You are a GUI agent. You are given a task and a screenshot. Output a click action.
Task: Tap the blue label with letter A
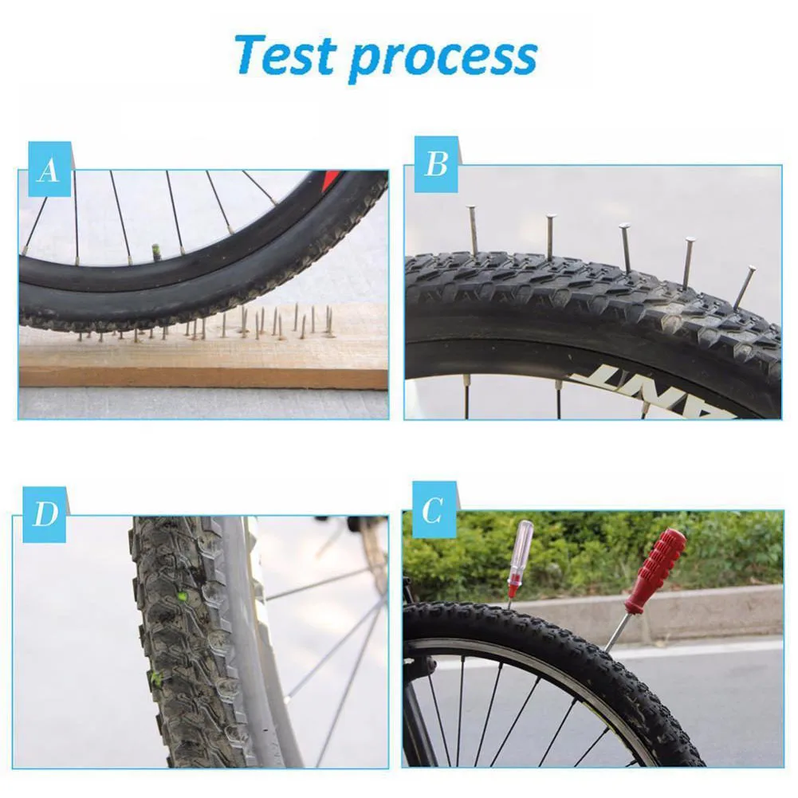click(x=49, y=169)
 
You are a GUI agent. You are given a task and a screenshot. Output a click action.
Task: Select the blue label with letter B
click(x=435, y=164)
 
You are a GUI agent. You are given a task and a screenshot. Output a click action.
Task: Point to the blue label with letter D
click(x=45, y=514)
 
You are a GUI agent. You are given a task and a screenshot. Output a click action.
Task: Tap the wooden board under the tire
click(x=199, y=359)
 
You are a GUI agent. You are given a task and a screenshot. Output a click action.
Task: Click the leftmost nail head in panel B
click(x=471, y=208)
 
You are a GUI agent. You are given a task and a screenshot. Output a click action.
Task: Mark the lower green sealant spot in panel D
click(x=157, y=679)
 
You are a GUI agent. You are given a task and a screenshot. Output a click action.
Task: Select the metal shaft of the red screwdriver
click(x=617, y=632)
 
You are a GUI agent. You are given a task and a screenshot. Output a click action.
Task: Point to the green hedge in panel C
click(x=598, y=550)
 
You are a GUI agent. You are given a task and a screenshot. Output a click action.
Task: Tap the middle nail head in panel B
click(x=624, y=228)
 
